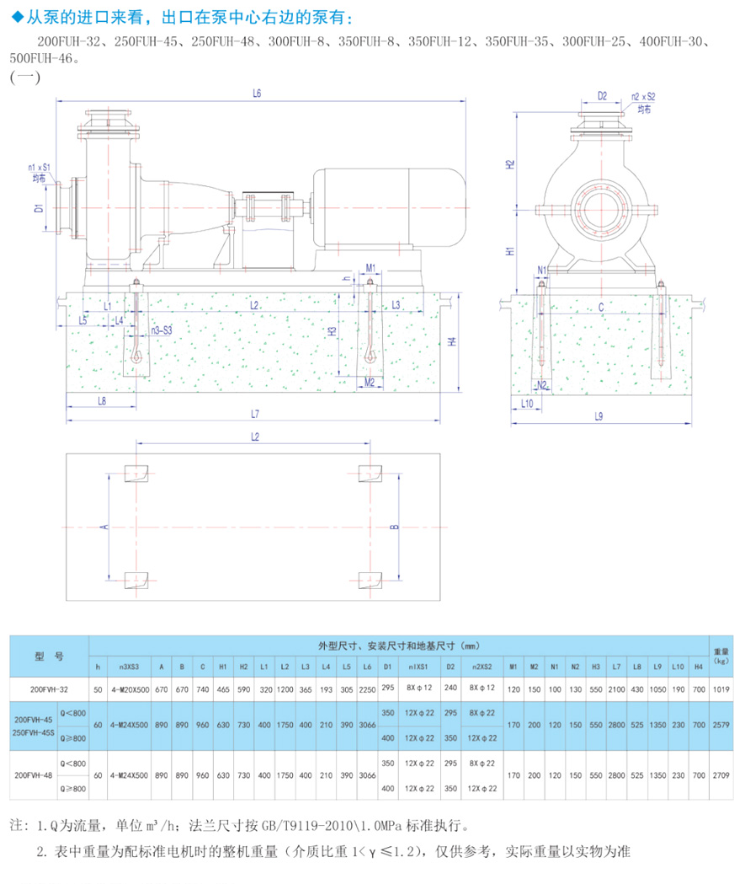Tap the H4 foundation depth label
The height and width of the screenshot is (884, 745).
(451, 342)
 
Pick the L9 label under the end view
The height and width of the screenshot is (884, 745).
(599, 415)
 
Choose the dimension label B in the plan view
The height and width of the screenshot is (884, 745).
(393, 528)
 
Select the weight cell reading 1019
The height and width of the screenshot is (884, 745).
(721, 689)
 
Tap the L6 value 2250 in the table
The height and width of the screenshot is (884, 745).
(367, 689)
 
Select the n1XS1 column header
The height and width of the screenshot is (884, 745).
(418, 667)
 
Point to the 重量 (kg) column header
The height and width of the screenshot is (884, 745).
(721, 655)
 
